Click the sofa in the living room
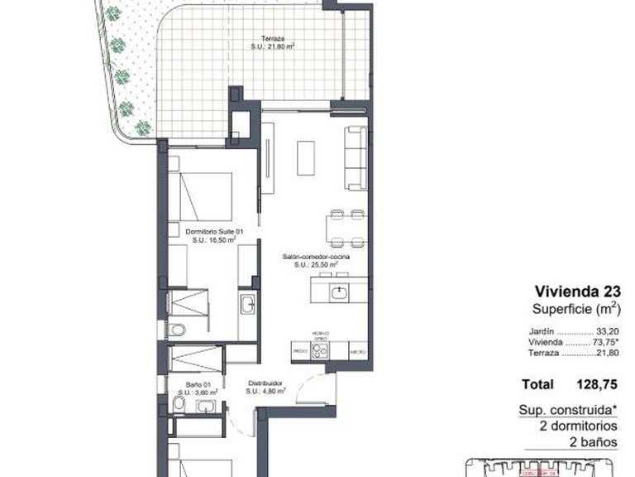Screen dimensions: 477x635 [x=356, y=157]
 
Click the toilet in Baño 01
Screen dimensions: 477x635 [x=179, y=404]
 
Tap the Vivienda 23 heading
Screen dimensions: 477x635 [x=577, y=291]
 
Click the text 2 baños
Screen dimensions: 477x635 [x=592, y=441]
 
